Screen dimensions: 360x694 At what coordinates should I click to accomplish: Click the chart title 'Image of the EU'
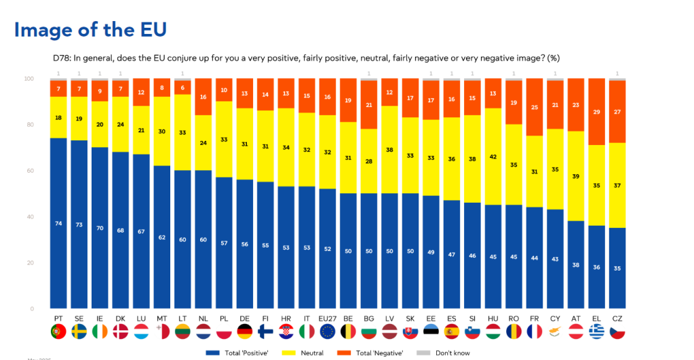(x=90, y=30)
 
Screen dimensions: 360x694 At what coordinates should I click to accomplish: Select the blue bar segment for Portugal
(x=58, y=223)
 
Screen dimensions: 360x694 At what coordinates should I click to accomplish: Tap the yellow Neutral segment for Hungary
(x=493, y=157)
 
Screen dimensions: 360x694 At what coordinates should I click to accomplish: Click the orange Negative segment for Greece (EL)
(x=596, y=113)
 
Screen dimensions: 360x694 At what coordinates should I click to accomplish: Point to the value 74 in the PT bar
(x=58, y=223)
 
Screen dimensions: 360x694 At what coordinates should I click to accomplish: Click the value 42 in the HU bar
(x=493, y=156)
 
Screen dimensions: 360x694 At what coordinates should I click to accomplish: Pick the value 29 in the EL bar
(x=596, y=112)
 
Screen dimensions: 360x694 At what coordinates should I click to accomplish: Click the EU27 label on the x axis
(x=328, y=318)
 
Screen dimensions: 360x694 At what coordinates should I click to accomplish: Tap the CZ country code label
(x=617, y=318)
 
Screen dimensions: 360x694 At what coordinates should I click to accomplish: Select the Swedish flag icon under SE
(x=79, y=332)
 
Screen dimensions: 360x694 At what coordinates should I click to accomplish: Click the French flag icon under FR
(x=535, y=332)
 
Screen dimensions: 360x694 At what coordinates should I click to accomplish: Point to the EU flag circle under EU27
(x=328, y=332)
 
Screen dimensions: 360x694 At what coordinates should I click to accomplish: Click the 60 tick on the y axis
(x=29, y=171)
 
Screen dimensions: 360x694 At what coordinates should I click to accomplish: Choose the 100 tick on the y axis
(x=28, y=79)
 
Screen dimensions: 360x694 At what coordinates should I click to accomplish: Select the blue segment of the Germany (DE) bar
(x=245, y=244)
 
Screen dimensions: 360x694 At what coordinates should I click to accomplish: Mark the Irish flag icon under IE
(x=100, y=332)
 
